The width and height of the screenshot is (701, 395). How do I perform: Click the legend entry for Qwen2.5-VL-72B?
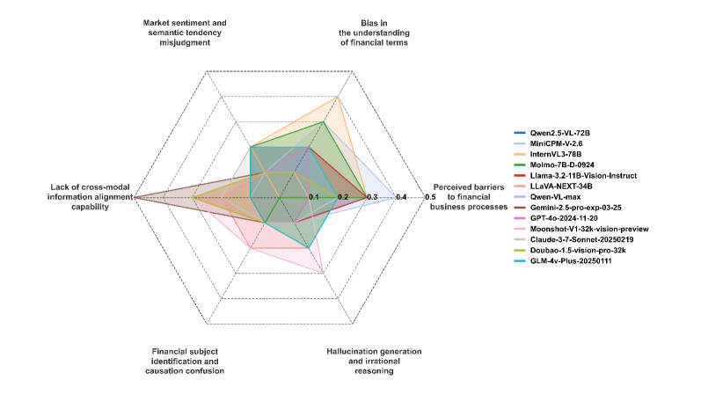(x=564, y=134)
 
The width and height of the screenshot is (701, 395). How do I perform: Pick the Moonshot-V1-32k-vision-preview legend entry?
(x=589, y=229)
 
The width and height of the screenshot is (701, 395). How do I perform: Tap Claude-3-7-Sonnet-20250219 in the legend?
(x=581, y=239)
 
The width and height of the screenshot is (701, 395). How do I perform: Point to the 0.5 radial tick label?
(x=430, y=197)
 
